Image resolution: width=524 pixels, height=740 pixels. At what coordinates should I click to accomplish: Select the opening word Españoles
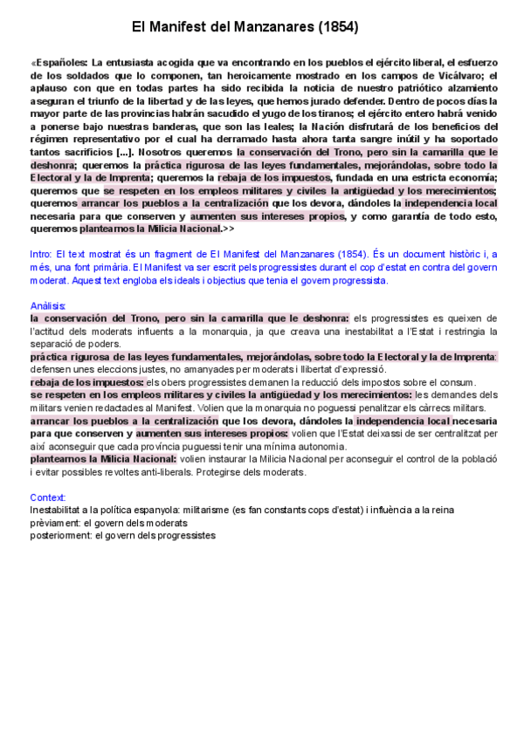click(x=61, y=64)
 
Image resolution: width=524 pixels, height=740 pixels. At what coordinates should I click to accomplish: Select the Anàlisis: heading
click(x=49, y=305)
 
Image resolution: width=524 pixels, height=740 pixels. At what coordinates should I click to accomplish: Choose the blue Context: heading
click(x=47, y=497)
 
